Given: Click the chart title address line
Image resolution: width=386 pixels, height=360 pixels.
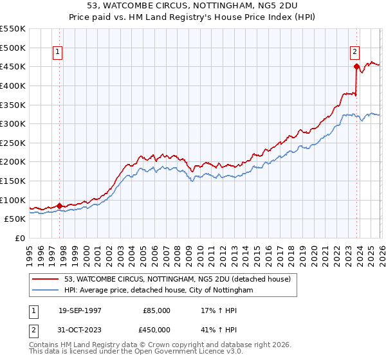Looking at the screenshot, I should [x=193, y=6].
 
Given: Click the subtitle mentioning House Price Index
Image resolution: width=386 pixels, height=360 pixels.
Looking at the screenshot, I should [x=193, y=17].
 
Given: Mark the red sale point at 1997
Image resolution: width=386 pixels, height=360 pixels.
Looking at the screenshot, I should [x=60, y=206].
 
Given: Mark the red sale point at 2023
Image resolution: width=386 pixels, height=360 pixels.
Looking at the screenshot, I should [x=356, y=66].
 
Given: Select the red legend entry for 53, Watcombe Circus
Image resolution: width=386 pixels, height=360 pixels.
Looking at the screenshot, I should [x=178, y=279].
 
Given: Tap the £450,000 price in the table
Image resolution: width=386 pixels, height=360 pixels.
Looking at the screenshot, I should [x=157, y=331].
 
